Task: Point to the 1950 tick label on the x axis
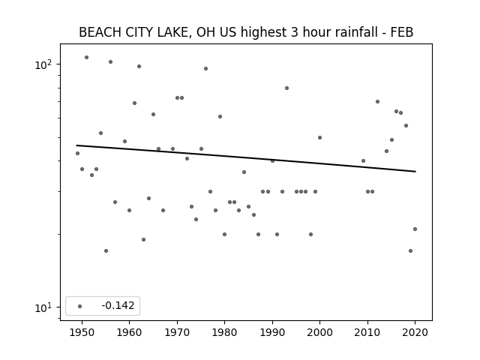[82, 332]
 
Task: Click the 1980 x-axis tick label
[225, 332]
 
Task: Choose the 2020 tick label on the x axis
[415, 332]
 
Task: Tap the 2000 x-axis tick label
[320, 332]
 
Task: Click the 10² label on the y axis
[43, 65]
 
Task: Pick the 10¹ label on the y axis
[43, 307]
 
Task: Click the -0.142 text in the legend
[118, 305]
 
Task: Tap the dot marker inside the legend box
[80, 306]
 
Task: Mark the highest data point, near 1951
[87, 58]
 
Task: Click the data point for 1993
[286, 88]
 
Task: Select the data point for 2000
[320, 138]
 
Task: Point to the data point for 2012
[377, 102]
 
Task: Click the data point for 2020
[415, 229]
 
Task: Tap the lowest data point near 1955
[106, 251]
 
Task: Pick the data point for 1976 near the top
[205, 68]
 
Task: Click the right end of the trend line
[415, 172]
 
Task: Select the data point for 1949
[77, 153]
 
